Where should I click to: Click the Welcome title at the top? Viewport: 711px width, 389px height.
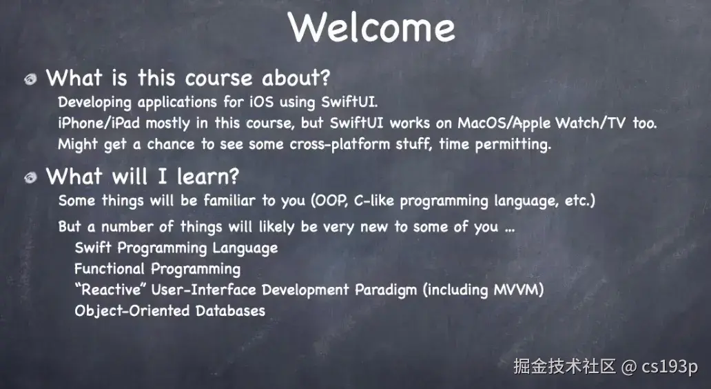click(x=371, y=27)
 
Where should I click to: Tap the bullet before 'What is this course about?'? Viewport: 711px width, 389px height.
click(x=30, y=79)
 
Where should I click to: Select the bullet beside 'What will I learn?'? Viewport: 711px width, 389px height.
click(x=30, y=177)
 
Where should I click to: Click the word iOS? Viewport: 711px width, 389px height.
click(x=262, y=101)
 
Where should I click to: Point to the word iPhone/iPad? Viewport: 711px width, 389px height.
click(x=99, y=123)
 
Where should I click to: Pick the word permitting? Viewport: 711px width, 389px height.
click(x=513, y=144)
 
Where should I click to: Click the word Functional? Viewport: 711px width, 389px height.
click(x=110, y=269)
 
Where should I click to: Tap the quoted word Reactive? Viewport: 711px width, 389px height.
click(x=110, y=290)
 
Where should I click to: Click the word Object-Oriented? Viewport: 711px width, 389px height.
click(x=132, y=311)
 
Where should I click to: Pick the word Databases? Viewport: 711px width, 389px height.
click(x=230, y=310)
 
